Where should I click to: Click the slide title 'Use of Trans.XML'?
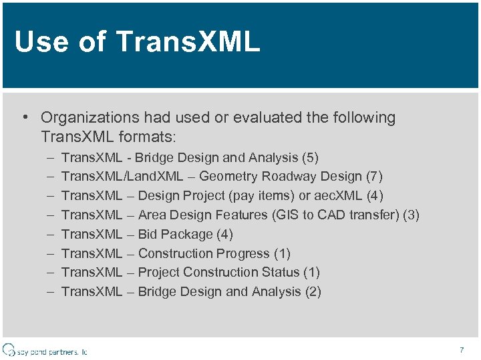click(137, 42)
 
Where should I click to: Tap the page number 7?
click(462, 350)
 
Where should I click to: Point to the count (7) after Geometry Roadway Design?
click(374, 177)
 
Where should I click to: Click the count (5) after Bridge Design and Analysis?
click(310, 158)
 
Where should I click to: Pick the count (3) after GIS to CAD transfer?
click(411, 215)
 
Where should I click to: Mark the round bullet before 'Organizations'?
click(24, 118)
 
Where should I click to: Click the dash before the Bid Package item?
click(51, 234)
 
